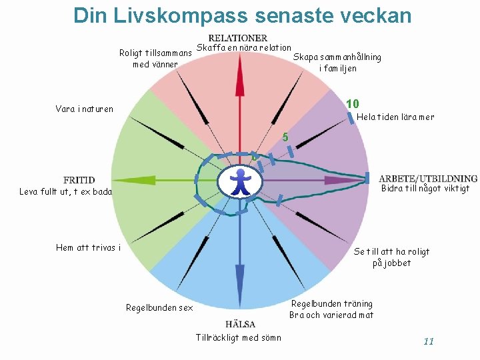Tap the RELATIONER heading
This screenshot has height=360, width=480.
pos(238,38)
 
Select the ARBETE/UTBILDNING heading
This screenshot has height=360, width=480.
pos(428,179)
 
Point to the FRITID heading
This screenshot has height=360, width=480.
pos(79,180)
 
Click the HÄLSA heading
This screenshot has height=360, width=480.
pos(240,324)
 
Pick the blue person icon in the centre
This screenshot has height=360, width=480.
pos(240,182)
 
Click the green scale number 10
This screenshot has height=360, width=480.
pos(353,103)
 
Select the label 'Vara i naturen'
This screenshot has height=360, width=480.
pos(85,109)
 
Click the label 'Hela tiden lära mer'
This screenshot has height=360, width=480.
pos(396,117)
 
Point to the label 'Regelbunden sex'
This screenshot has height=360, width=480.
pos(159,308)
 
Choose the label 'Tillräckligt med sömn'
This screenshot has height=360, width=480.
pos(239,337)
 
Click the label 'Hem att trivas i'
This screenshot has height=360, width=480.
pos(89,248)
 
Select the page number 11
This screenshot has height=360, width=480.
pos(429,341)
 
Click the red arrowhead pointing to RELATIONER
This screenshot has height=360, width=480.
pos(240,73)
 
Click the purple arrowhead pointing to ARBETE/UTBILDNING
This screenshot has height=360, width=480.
pos(337,180)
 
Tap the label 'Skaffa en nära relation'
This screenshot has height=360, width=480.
pos(244,47)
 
